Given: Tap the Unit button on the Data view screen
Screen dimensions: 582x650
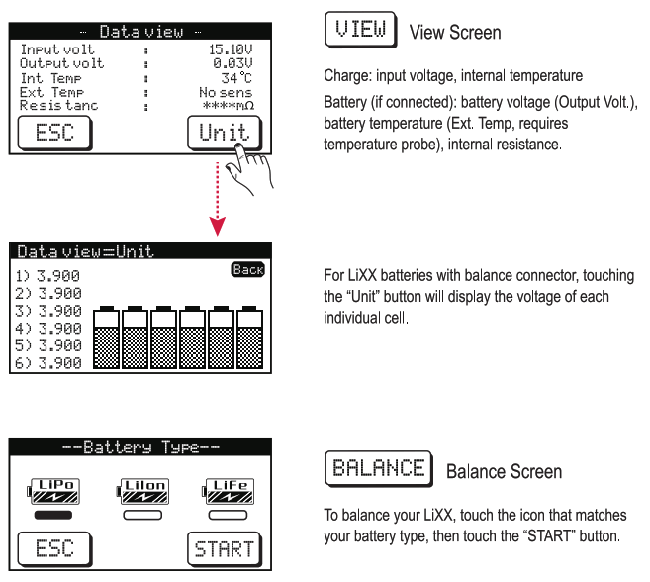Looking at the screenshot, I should coord(225,132).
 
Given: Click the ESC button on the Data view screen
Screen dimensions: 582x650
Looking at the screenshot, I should coord(54,132).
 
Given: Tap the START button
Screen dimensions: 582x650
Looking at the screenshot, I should coord(225,548).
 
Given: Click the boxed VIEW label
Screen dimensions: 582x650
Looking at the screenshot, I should coord(361,31).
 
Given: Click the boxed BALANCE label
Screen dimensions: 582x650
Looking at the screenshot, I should coord(378,468).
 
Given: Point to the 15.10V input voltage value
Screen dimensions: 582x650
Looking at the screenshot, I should coord(230,47).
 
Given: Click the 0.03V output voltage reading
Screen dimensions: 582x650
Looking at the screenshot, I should coord(233,61).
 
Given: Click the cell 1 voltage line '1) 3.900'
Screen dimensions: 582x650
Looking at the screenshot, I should coord(48,276).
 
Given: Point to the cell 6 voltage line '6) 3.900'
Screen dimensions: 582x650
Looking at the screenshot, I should coord(48,363).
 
